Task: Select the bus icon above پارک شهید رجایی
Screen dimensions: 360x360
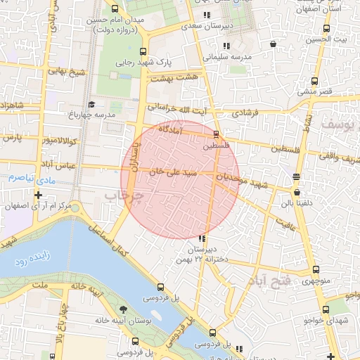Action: (144, 51)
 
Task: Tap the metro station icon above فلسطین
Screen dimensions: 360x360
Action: (216, 134)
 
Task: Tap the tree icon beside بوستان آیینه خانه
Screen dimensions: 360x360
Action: (124, 309)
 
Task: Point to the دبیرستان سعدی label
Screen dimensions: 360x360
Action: (206, 25)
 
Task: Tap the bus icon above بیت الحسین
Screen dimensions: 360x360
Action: (326, 29)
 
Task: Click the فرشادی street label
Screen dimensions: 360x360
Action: (245, 112)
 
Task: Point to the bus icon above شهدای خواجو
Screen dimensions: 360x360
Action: (326, 309)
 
